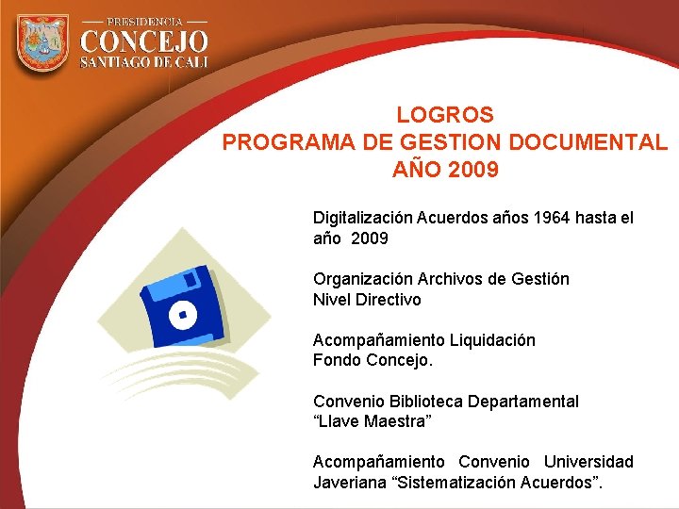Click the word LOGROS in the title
[445, 116]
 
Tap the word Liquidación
[492, 340]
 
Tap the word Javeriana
[348, 483]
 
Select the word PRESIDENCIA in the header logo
[144, 21]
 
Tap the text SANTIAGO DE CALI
[143, 62]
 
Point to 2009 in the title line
[474, 171]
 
